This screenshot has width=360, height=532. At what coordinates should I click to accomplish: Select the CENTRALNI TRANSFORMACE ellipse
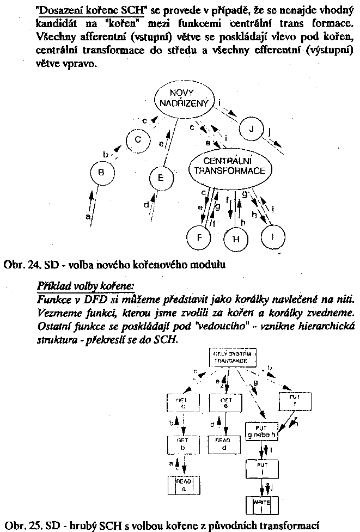pos(230,167)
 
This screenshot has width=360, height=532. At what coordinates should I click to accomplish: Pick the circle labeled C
pos(138,140)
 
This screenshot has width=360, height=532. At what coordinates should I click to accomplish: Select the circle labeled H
pos(235,238)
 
